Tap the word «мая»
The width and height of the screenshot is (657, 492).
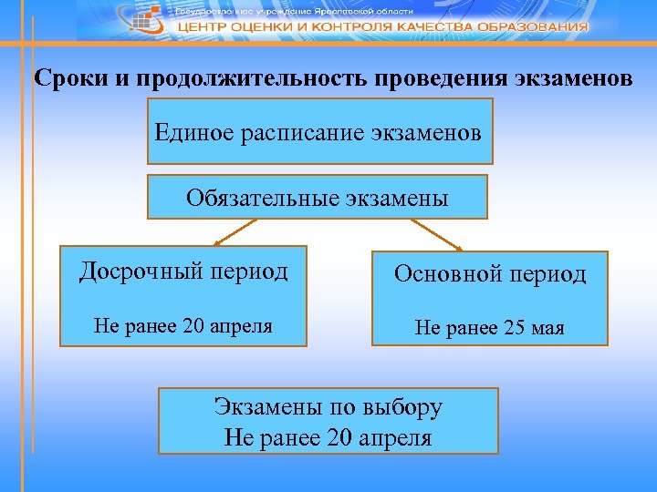[544, 327]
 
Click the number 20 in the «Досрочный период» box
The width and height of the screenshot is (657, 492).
[194, 325]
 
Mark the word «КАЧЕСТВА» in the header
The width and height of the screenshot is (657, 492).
[428, 27]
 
